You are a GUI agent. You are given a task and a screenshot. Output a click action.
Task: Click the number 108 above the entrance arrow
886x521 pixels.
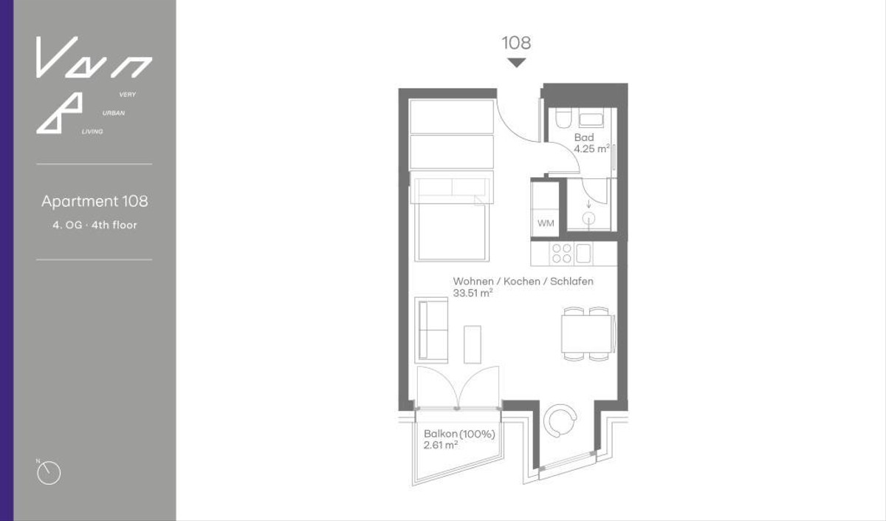(x=516, y=43)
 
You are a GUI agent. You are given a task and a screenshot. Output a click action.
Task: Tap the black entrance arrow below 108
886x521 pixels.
(x=516, y=63)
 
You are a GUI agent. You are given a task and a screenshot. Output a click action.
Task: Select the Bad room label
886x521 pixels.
(x=584, y=137)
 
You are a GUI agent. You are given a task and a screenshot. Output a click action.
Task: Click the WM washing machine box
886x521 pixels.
(x=546, y=222)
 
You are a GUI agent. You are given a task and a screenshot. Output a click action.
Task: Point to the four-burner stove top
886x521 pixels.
(x=561, y=253)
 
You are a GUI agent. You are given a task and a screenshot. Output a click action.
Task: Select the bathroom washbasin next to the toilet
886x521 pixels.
(x=591, y=118)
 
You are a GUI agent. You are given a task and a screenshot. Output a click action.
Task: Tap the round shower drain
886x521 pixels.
(x=589, y=218)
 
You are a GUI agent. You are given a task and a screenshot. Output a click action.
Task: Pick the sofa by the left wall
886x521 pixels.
(x=432, y=330)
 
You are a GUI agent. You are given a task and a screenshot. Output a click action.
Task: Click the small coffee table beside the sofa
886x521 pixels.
(x=473, y=344)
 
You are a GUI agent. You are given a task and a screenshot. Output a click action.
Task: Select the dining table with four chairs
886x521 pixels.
(x=587, y=334)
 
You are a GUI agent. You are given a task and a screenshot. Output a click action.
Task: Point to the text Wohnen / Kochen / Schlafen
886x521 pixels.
(x=523, y=282)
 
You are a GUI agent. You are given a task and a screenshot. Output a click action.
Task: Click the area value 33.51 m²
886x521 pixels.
(x=473, y=293)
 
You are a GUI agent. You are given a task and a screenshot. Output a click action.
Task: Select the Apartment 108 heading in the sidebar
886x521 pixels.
(x=95, y=201)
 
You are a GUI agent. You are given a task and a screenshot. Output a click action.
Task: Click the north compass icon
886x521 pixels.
(x=49, y=472)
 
